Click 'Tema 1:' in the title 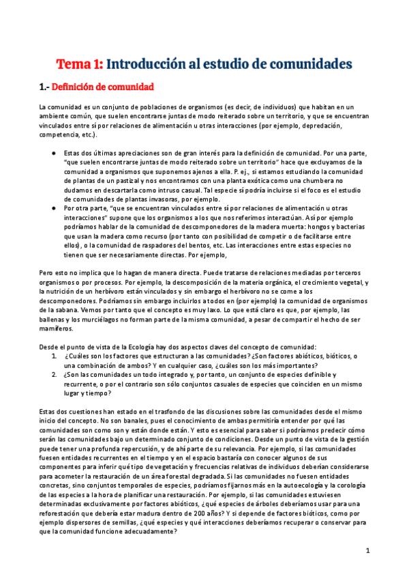click(79, 64)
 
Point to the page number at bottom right click(367, 550)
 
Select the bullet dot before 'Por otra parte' click(53, 207)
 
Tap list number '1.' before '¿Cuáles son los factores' click(54, 357)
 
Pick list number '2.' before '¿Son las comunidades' click(54, 375)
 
